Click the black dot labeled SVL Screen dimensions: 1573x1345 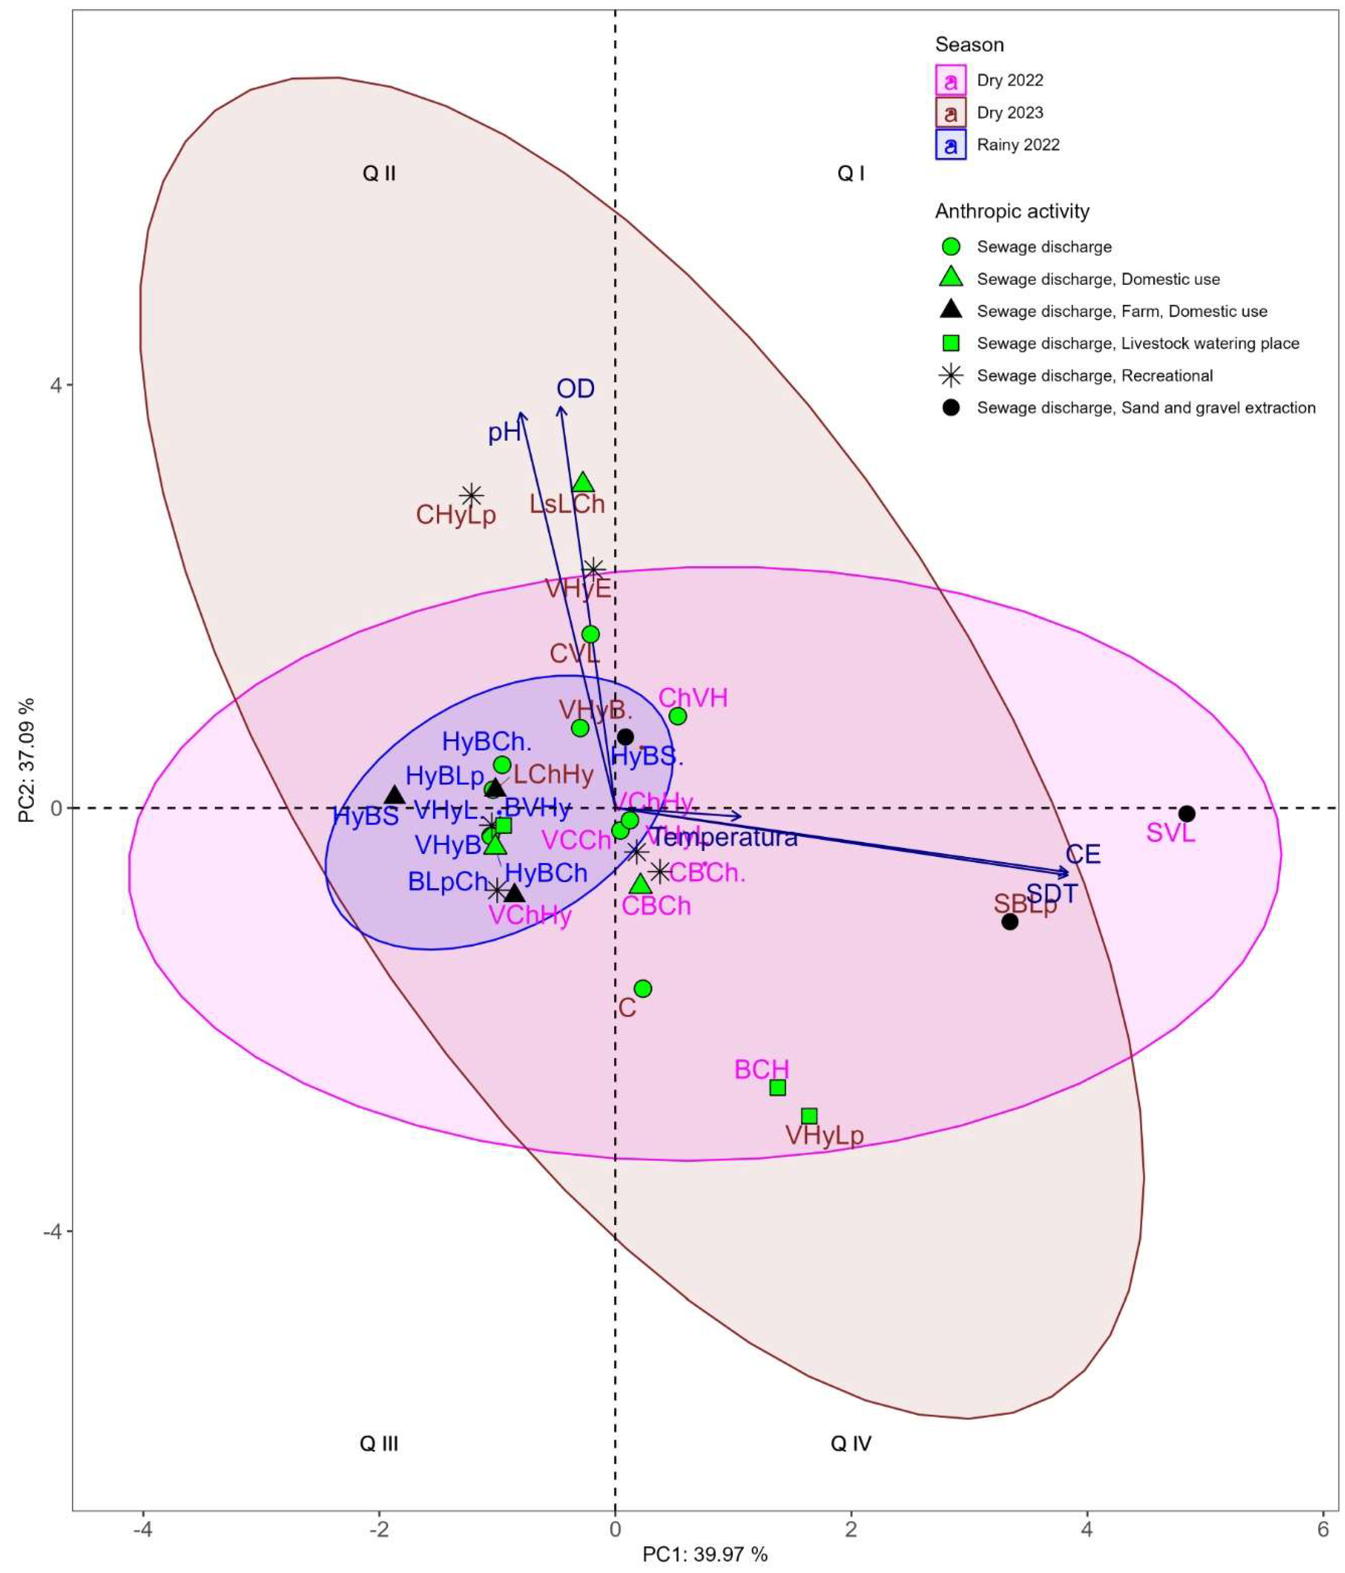click(x=1186, y=814)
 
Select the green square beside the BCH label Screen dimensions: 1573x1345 click(x=777, y=1087)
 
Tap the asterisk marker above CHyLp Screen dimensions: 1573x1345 click(x=472, y=496)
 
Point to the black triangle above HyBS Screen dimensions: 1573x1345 click(x=395, y=795)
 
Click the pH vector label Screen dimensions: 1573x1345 click(x=504, y=432)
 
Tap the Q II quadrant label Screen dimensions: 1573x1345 click(x=379, y=174)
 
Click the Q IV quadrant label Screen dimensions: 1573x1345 click(x=851, y=1443)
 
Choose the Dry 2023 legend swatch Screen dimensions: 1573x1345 click(x=950, y=112)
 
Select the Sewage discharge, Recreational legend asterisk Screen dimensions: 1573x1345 click(x=950, y=376)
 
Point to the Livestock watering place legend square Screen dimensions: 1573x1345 click(x=950, y=343)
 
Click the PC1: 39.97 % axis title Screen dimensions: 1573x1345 click(x=705, y=1554)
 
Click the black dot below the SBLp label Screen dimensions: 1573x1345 click(x=1010, y=922)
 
